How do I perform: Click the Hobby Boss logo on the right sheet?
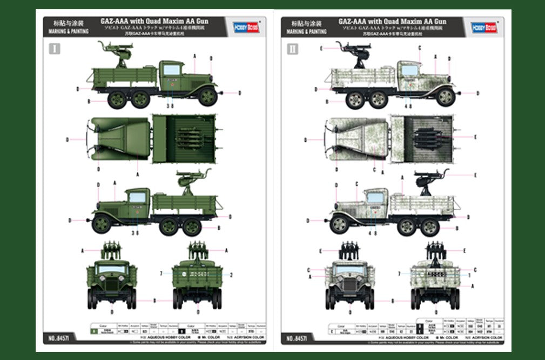click(483, 27)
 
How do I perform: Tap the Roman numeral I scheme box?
click(55, 49)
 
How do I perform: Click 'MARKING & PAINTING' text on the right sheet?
click(306, 32)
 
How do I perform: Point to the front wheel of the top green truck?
click(207, 96)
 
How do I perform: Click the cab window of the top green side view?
click(172, 69)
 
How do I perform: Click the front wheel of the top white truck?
click(446, 97)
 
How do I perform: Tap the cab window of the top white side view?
click(409, 70)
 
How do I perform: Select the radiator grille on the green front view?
click(111, 285)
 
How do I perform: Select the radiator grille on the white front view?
click(349, 285)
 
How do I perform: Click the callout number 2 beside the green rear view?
click(231, 275)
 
